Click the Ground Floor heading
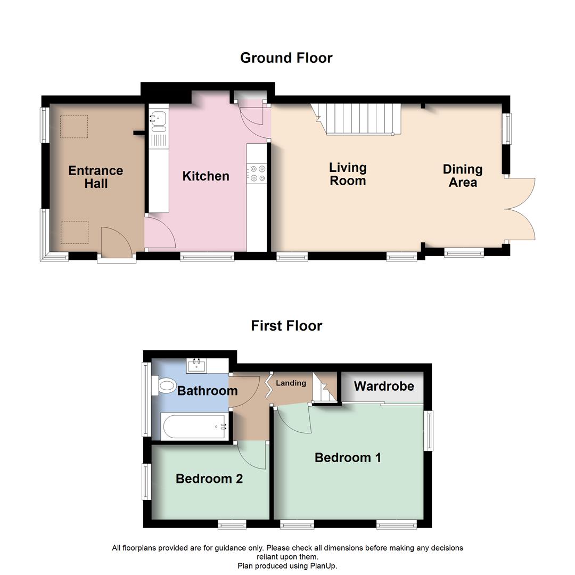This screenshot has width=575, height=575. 286,58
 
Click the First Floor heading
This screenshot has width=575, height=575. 286,326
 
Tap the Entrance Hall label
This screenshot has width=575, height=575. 96,177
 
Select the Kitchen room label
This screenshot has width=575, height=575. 206,176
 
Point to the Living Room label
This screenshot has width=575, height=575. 348,174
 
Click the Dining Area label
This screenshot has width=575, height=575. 463,176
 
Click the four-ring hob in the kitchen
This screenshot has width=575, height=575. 257,174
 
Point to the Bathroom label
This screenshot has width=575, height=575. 207,391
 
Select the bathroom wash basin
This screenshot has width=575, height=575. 197,366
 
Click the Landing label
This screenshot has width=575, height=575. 291,383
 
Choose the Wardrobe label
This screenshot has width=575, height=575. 383,387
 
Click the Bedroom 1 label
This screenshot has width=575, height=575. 348,458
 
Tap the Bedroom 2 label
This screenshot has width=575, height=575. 209,479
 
